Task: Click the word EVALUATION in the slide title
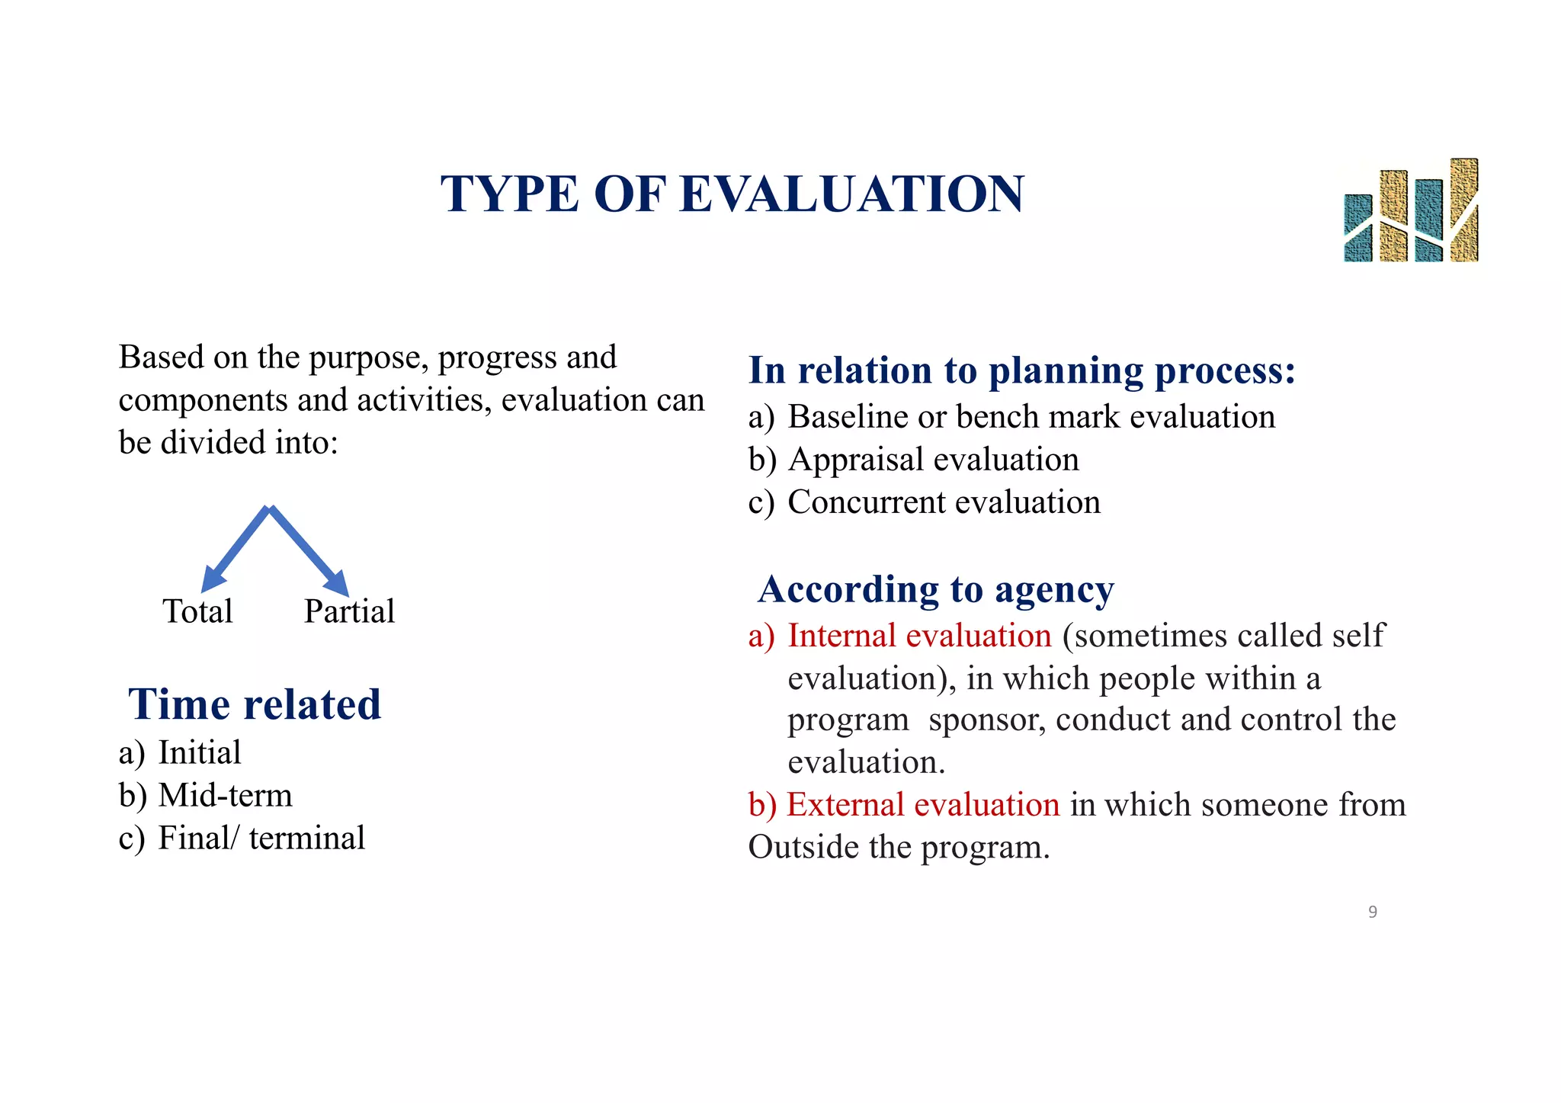851,194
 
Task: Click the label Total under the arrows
197,611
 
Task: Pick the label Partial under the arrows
349,611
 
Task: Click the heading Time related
255,704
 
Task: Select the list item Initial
199,753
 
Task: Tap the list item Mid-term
225,796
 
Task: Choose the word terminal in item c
306,838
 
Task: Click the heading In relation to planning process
1021,370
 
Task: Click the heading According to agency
936,589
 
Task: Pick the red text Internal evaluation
919,636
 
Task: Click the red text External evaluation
922,805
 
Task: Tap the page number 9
1373,912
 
